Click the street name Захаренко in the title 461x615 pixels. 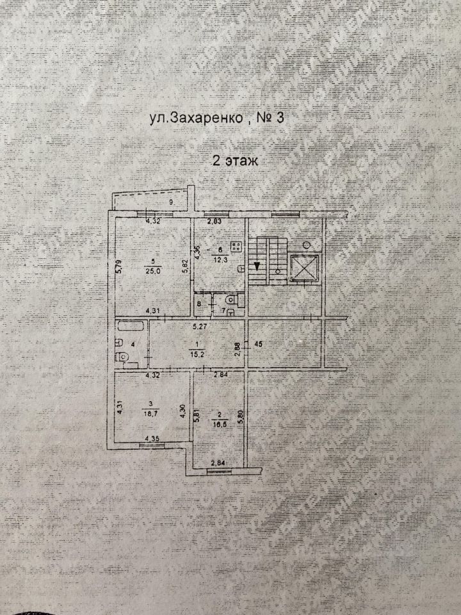pos(206,119)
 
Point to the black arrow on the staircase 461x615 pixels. pos(257,265)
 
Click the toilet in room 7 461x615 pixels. pos(231,300)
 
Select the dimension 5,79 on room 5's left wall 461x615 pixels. pos(118,266)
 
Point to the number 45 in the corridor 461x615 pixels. pos(259,345)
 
